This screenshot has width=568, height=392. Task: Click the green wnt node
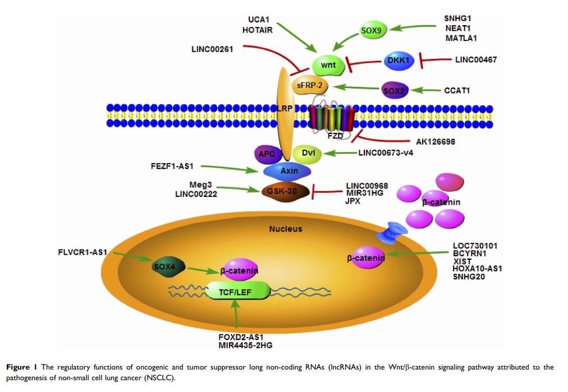pyautogui.click(x=328, y=66)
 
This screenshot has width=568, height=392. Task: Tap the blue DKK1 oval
pyautogui.click(x=398, y=61)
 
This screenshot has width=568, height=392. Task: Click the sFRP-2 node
pyautogui.click(x=310, y=86)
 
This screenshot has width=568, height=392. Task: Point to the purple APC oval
pyautogui.click(x=268, y=153)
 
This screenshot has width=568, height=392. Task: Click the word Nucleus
pyautogui.click(x=286, y=229)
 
